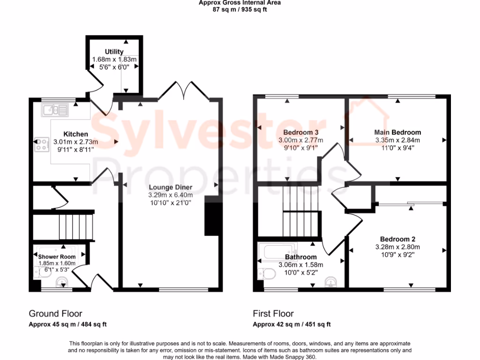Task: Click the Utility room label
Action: [x=114, y=52]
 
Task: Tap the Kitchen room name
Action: [x=75, y=135]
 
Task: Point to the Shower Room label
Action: [x=57, y=256]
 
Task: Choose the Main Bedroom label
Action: [x=397, y=132]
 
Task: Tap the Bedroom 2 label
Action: [x=397, y=239]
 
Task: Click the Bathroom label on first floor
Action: [x=300, y=257]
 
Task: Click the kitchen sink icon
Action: [x=55, y=110]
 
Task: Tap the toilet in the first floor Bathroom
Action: [x=269, y=273]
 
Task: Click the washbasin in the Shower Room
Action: [x=61, y=282]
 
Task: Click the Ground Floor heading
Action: [x=55, y=314]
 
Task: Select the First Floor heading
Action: [x=273, y=314]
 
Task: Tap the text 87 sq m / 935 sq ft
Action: [x=240, y=9]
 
